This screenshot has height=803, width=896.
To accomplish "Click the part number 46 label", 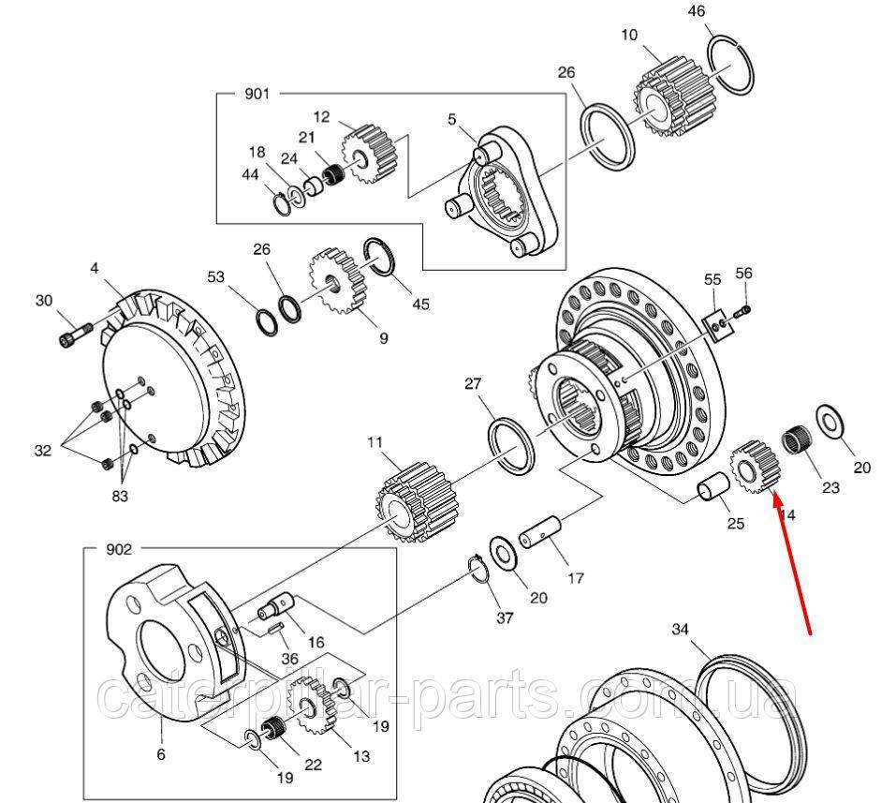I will [x=721, y=12].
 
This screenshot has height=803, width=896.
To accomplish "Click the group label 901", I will [x=257, y=94].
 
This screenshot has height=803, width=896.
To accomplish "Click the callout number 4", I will [x=94, y=269].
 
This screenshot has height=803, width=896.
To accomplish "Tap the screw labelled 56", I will [x=744, y=306].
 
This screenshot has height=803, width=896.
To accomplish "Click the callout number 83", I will [x=119, y=497].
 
